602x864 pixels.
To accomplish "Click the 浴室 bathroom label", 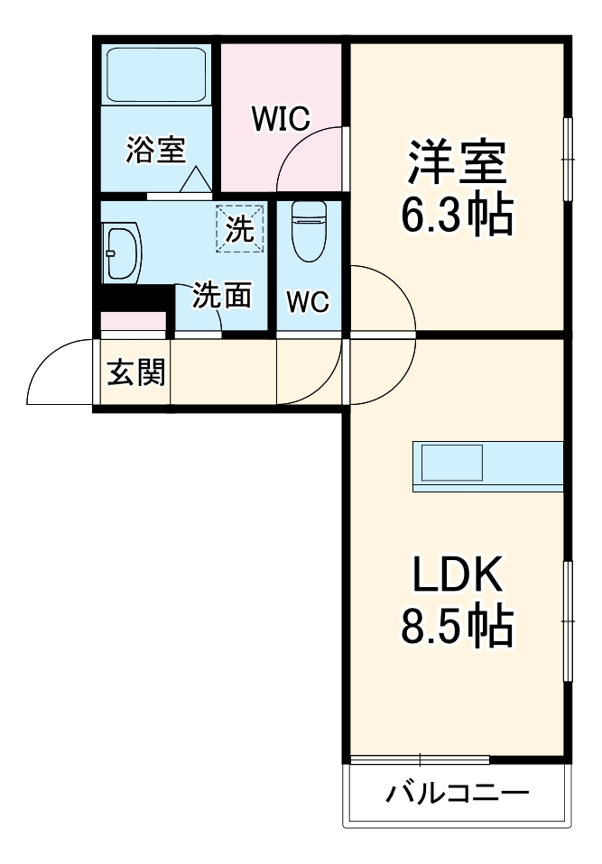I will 155,150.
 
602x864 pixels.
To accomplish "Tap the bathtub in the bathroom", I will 155,75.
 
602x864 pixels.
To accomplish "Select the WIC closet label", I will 281,117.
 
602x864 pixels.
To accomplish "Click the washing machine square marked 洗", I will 240,228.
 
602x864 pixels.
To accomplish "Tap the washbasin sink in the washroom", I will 122,253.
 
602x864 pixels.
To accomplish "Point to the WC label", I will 308,302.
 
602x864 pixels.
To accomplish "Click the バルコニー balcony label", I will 457,794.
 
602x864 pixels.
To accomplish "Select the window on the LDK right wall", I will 569,620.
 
